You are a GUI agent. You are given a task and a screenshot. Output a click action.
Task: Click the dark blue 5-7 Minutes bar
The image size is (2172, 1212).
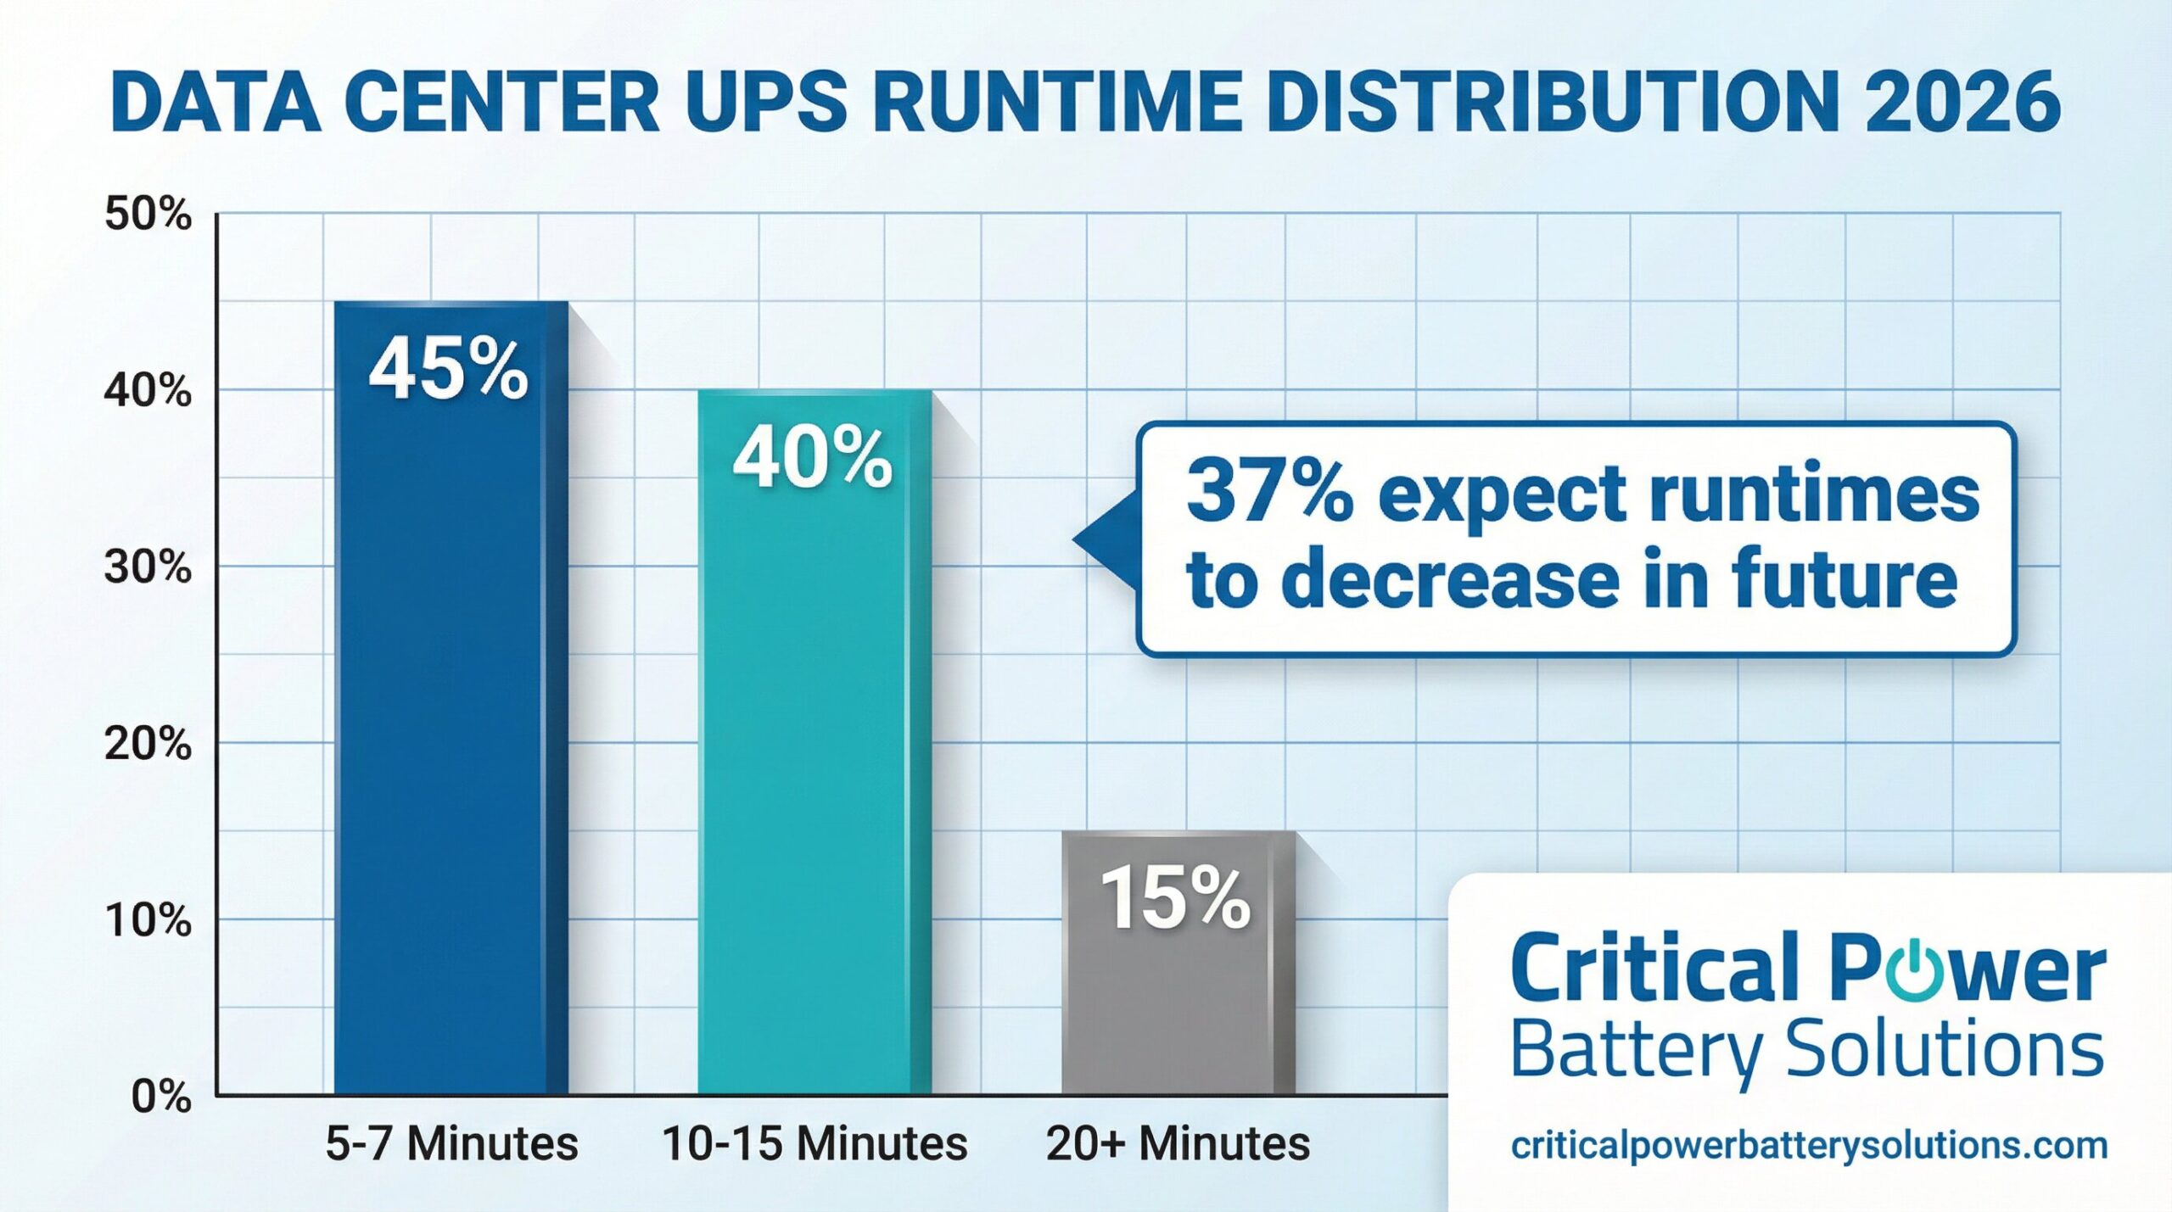450,721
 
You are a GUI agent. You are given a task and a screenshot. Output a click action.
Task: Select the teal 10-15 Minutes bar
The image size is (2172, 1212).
814,763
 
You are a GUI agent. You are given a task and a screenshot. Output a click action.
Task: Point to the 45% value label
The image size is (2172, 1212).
448,371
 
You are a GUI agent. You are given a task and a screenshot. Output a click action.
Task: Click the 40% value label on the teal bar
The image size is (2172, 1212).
812,459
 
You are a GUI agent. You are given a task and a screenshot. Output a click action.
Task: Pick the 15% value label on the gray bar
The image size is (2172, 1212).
1176,899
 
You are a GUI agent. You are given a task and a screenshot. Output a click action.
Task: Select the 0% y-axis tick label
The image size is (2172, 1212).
161,1097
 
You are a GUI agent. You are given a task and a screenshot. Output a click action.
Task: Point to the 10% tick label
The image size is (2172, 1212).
148,920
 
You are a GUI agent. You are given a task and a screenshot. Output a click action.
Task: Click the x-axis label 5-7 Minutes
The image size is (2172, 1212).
451,1143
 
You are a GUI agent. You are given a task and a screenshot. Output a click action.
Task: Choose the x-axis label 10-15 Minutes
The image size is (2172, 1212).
814,1143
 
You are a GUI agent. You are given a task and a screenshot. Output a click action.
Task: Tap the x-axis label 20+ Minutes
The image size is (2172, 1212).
1178,1143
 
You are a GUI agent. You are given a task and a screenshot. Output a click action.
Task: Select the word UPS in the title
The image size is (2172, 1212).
765,102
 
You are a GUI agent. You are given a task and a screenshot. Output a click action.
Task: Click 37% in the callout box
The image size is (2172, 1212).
1269,492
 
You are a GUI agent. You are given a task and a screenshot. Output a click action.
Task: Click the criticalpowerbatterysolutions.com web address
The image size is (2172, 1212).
1809,1145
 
